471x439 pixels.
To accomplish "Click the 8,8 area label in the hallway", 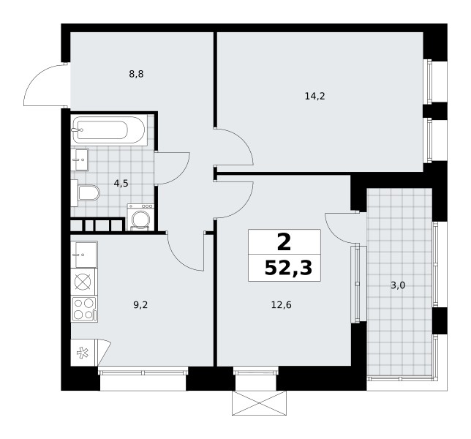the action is point(136,74).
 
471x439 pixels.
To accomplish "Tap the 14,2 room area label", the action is point(314,96).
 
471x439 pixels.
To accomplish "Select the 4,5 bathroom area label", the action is point(121,183).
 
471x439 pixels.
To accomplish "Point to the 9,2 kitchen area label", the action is point(140,305).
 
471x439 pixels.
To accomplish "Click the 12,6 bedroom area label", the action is point(282,305).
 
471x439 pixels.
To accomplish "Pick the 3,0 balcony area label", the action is point(398,285).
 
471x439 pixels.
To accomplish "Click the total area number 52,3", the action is point(288,268).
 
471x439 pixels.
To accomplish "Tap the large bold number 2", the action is point(285,242).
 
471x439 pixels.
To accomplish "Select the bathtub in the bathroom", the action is point(110,130).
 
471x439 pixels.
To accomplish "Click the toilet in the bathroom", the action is point(86,192).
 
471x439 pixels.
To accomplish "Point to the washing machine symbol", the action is point(140,217).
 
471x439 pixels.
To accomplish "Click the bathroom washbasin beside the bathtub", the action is point(80,160).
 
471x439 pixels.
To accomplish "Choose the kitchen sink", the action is point(84,255).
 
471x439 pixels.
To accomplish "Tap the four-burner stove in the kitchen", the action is point(84,309).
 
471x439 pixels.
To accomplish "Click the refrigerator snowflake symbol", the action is point(83,353).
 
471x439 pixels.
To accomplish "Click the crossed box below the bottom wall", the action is point(259,403).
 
